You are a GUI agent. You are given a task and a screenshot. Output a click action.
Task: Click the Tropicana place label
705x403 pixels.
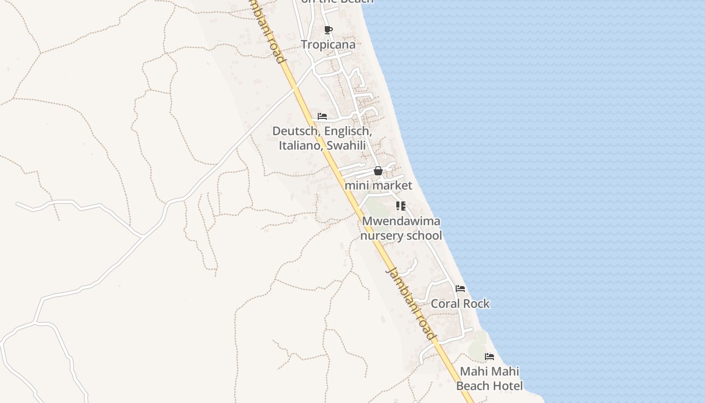pos(328,44)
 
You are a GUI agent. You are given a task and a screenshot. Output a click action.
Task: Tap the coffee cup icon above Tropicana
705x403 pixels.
pos(328,30)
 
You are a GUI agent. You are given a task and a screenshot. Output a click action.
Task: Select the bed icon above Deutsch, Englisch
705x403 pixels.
pos(322,116)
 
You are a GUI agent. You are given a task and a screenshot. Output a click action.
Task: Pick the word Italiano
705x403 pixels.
pos(301,146)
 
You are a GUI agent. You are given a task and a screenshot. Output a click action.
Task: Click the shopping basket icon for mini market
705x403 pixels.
pos(378,171)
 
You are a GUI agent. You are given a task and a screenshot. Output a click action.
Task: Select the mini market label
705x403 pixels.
pos(378,185)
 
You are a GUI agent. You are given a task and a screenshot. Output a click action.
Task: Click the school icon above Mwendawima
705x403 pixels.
pos(401,206)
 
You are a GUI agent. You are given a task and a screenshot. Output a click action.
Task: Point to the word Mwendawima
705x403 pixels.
pos(401,221)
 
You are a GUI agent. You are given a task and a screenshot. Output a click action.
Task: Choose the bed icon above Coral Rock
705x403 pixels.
pos(460,289)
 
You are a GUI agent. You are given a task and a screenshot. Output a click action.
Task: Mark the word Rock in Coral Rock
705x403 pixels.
pos(475,304)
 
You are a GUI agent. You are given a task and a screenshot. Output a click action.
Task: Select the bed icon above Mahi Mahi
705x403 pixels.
pos(489,357)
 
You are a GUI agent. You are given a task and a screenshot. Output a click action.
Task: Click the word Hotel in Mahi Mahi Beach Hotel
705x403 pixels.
pos(508,386)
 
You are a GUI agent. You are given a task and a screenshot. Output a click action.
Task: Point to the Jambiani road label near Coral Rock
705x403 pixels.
pos(410,303)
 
